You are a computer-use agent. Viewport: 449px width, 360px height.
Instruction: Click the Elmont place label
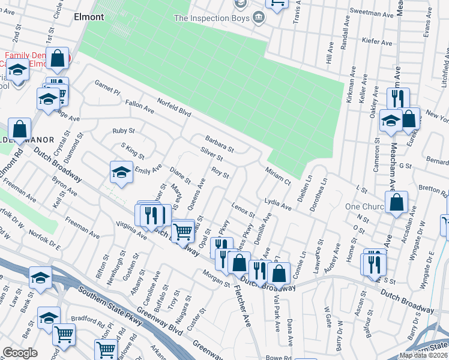(89, 17)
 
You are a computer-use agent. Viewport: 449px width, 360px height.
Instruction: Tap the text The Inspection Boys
(211, 18)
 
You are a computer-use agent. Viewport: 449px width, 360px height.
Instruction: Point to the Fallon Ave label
(139, 106)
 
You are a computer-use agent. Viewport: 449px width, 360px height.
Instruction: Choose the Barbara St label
(218, 143)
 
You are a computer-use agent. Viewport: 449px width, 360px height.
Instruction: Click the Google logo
(20, 353)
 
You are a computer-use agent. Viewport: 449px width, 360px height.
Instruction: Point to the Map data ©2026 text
(424, 355)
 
